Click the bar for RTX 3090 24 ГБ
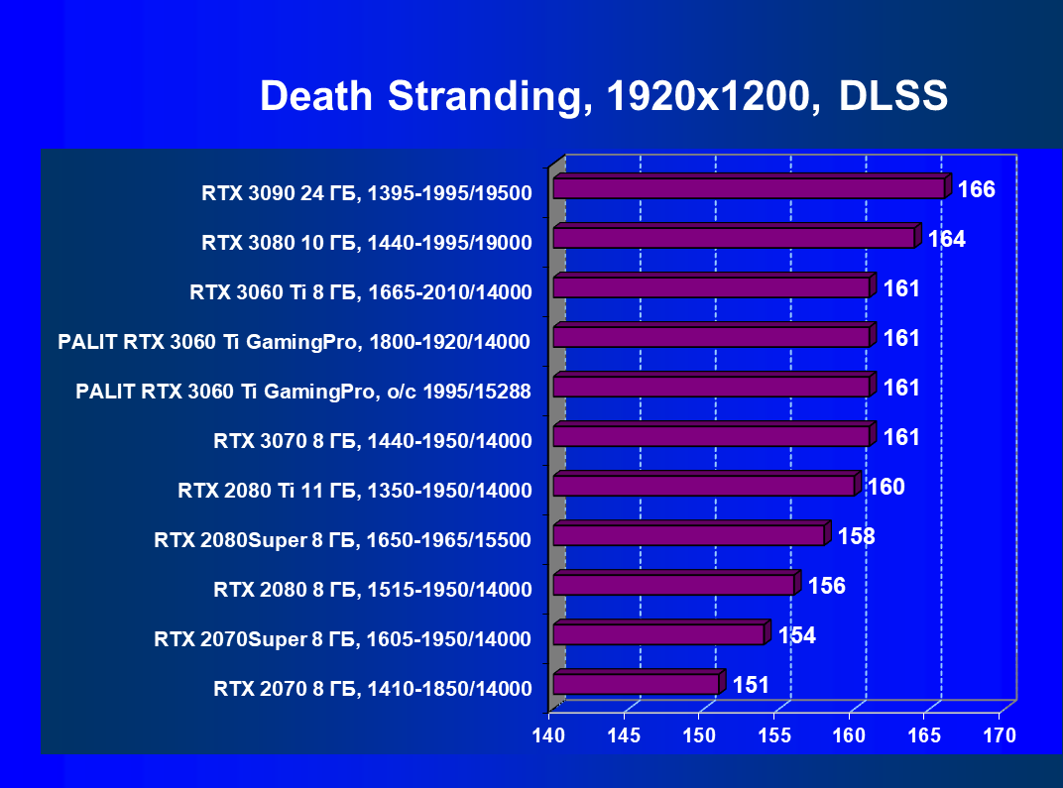pyautogui.click(x=750, y=188)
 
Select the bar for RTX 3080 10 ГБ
pyautogui.click(x=735, y=238)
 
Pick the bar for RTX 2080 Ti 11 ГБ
pyautogui.click(x=704, y=486)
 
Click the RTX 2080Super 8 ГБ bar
pyautogui.click(x=689, y=535)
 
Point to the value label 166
pyautogui.click(x=977, y=189)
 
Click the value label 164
pyautogui.click(x=946, y=239)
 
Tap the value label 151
pyautogui.click(x=751, y=685)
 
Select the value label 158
pyautogui.click(x=856, y=536)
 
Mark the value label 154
pyautogui.click(x=796, y=635)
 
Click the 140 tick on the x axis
pyautogui.click(x=549, y=735)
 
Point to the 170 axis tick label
pyautogui.click(x=1000, y=735)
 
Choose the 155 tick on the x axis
pyautogui.click(x=774, y=735)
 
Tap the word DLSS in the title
pyautogui.click(x=893, y=97)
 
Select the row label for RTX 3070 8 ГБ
pyautogui.click(x=373, y=441)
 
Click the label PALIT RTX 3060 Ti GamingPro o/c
pyautogui.click(x=303, y=392)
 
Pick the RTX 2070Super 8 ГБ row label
pyautogui.click(x=343, y=639)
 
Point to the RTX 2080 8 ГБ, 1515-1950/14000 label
pyautogui.click(x=373, y=590)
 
